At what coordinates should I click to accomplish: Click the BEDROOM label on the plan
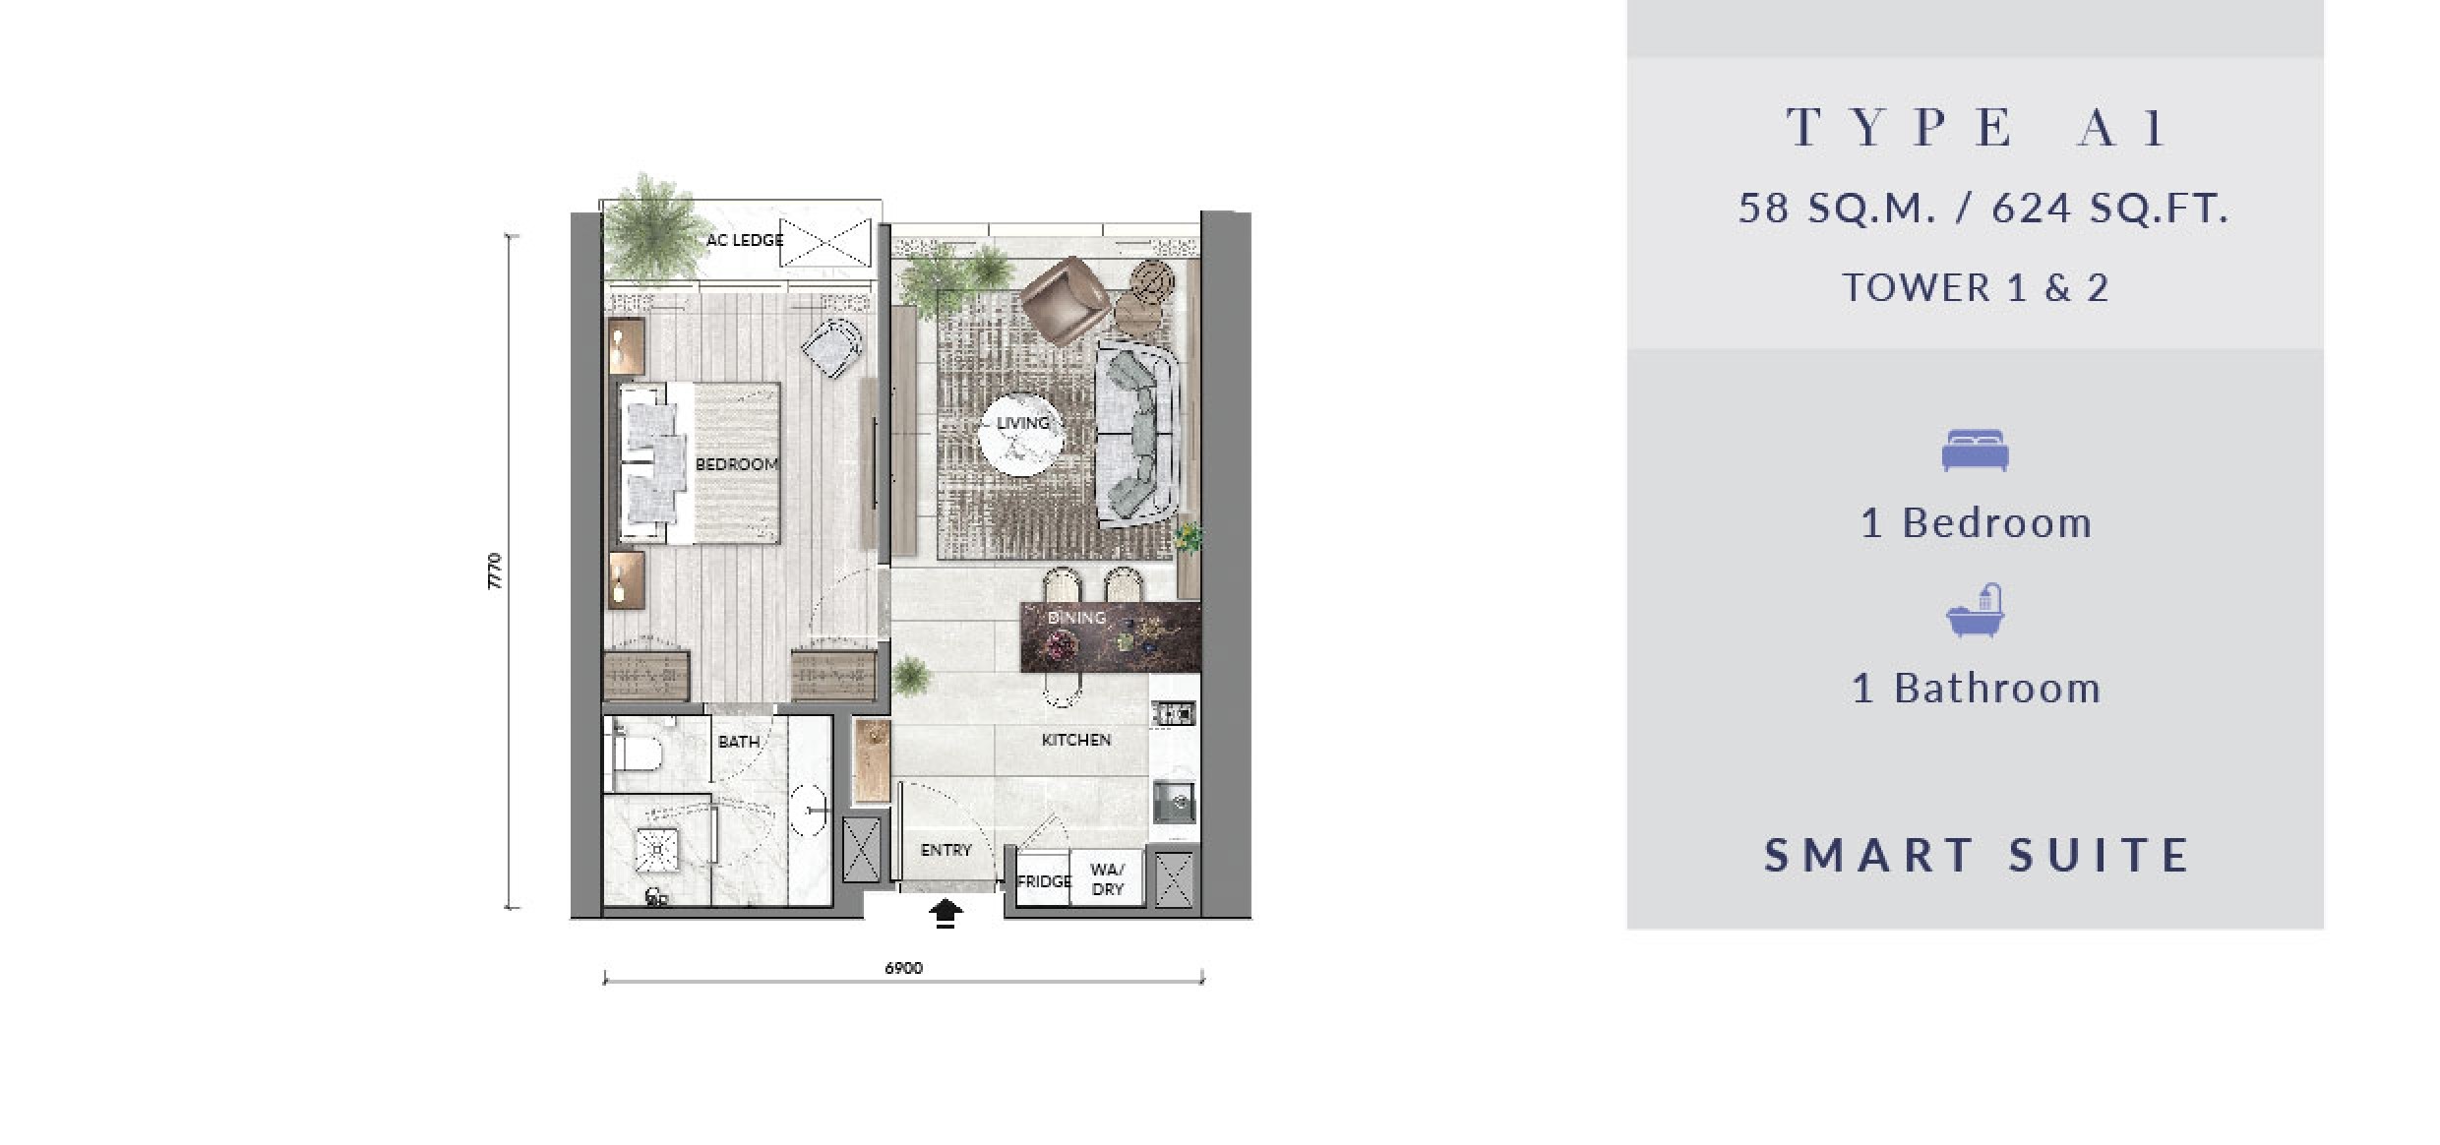737,464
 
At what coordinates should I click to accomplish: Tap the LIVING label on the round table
1023,423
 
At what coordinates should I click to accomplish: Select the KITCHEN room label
1076,740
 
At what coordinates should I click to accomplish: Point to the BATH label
739,742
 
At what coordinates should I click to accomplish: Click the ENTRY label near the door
946,850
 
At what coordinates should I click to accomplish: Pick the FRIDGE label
1044,881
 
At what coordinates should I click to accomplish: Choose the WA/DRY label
1108,879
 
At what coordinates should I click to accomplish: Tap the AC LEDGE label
745,240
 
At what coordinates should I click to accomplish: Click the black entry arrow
945,914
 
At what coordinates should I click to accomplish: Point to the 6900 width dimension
903,968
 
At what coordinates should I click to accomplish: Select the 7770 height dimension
495,572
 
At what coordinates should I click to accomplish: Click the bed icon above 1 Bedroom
1975,451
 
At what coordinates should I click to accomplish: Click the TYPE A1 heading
1976,128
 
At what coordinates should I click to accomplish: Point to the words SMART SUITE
1977,855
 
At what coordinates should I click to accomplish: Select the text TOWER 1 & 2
1976,288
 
